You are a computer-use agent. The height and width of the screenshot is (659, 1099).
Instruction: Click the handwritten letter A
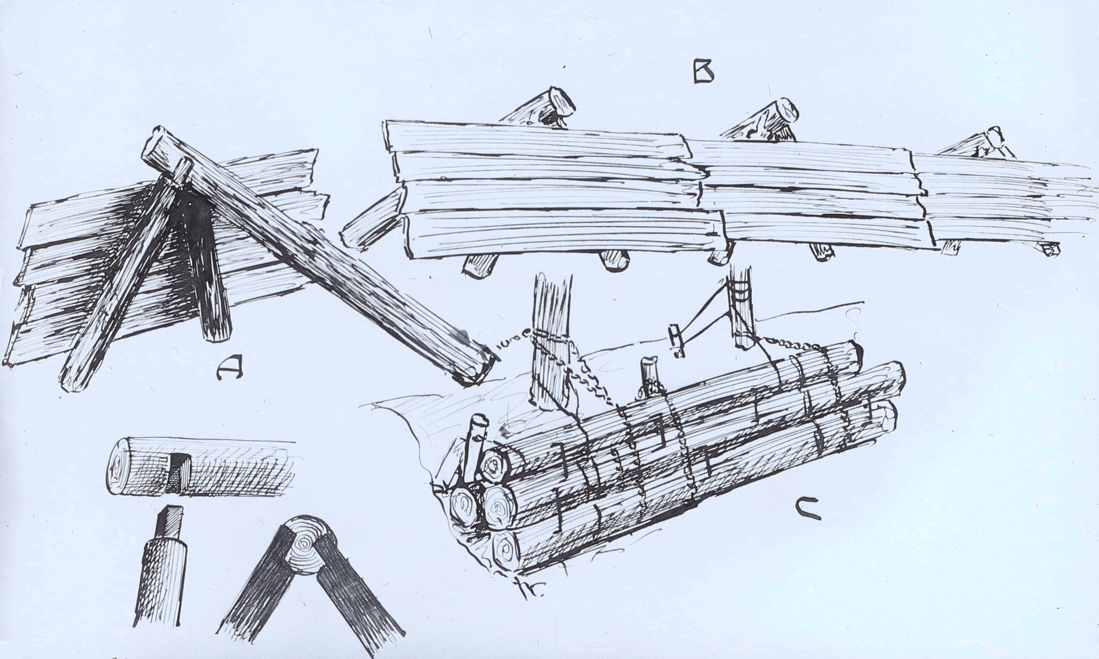click(x=229, y=366)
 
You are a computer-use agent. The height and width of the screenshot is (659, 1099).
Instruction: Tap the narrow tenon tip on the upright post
click(x=170, y=523)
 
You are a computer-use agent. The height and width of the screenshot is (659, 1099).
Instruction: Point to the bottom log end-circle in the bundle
click(x=506, y=548)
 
